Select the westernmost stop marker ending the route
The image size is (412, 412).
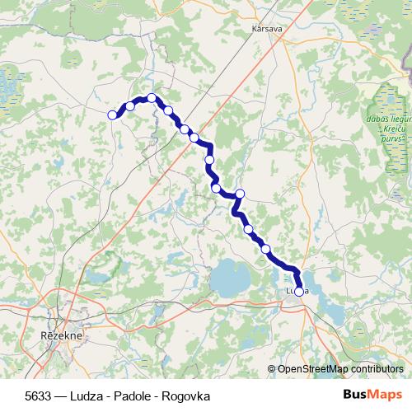[x=113, y=115]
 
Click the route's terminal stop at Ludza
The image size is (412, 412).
[x=299, y=290]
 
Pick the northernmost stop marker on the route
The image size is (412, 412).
[x=152, y=98]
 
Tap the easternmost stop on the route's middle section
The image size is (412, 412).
[x=240, y=194]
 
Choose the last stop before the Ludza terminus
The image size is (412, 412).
[x=265, y=248]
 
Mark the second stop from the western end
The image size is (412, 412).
[x=130, y=105]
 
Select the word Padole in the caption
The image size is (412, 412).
[x=134, y=396]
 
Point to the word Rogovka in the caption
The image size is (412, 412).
[x=186, y=396]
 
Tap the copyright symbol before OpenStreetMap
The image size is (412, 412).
[x=271, y=368]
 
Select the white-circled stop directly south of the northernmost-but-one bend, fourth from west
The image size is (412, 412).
[x=168, y=110]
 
